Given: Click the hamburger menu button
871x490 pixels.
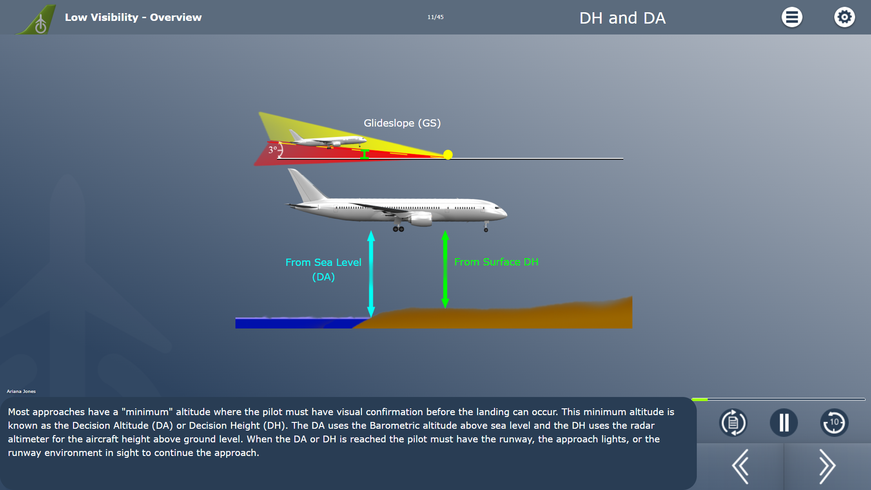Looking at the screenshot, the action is [x=792, y=17].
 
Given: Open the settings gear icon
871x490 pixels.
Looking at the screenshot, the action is [x=844, y=17].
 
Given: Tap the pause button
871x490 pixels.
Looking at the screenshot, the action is [x=784, y=422].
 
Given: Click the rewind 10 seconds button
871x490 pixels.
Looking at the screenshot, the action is [x=834, y=422].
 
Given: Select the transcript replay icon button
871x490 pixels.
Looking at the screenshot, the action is [x=733, y=422].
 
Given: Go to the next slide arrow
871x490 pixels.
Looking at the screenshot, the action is [x=827, y=466].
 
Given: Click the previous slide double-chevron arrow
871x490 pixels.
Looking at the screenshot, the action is [x=740, y=466].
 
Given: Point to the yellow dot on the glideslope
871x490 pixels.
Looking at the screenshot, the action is [x=448, y=155].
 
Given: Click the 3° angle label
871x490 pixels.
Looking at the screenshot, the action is [x=272, y=150].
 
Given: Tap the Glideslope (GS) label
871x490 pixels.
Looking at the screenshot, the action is [x=402, y=123].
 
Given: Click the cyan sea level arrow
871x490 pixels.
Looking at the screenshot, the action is [x=371, y=274].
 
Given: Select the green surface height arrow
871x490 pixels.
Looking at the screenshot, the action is [x=445, y=269].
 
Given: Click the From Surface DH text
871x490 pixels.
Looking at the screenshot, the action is [x=496, y=262].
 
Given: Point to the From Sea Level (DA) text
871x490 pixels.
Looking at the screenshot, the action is [x=323, y=269].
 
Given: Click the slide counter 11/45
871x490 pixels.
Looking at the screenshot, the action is [x=435, y=17].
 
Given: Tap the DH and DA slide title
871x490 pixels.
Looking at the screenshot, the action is [x=622, y=18].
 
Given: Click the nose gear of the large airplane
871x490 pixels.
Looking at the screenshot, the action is [x=486, y=227].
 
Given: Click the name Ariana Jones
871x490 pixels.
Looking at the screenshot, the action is [x=21, y=391].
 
